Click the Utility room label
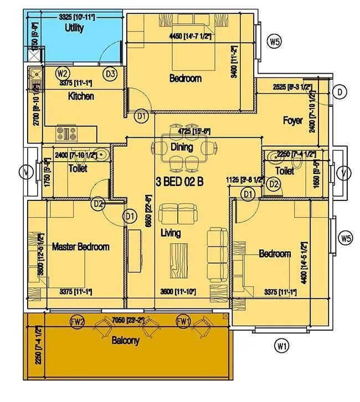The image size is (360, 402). (74, 28)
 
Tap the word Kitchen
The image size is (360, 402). (81, 96)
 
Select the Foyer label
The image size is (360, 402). (292, 120)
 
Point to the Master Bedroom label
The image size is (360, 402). (80, 247)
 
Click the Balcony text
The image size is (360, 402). (125, 341)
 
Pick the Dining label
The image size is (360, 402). (182, 147)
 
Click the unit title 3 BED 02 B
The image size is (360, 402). (180, 182)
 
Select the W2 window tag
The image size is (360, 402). (62, 73)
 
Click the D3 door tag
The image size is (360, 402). (110, 73)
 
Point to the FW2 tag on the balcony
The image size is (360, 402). (78, 321)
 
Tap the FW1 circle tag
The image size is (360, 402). (183, 321)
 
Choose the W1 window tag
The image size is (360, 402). (282, 347)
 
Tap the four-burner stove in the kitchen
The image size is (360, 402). (67, 133)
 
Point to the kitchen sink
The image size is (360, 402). (35, 75)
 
